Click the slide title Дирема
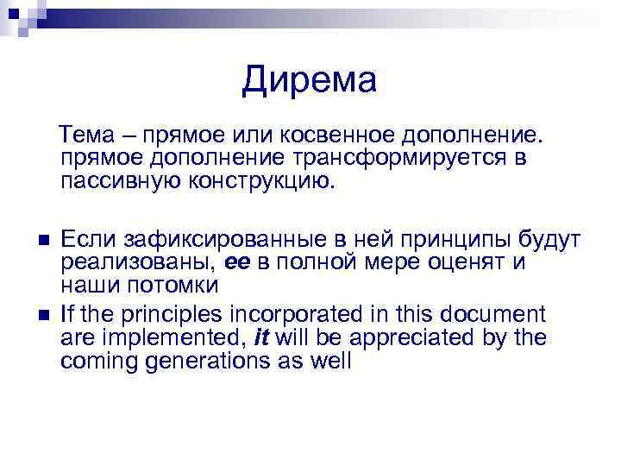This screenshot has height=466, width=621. point(310,81)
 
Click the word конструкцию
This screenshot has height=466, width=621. point(258,182)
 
